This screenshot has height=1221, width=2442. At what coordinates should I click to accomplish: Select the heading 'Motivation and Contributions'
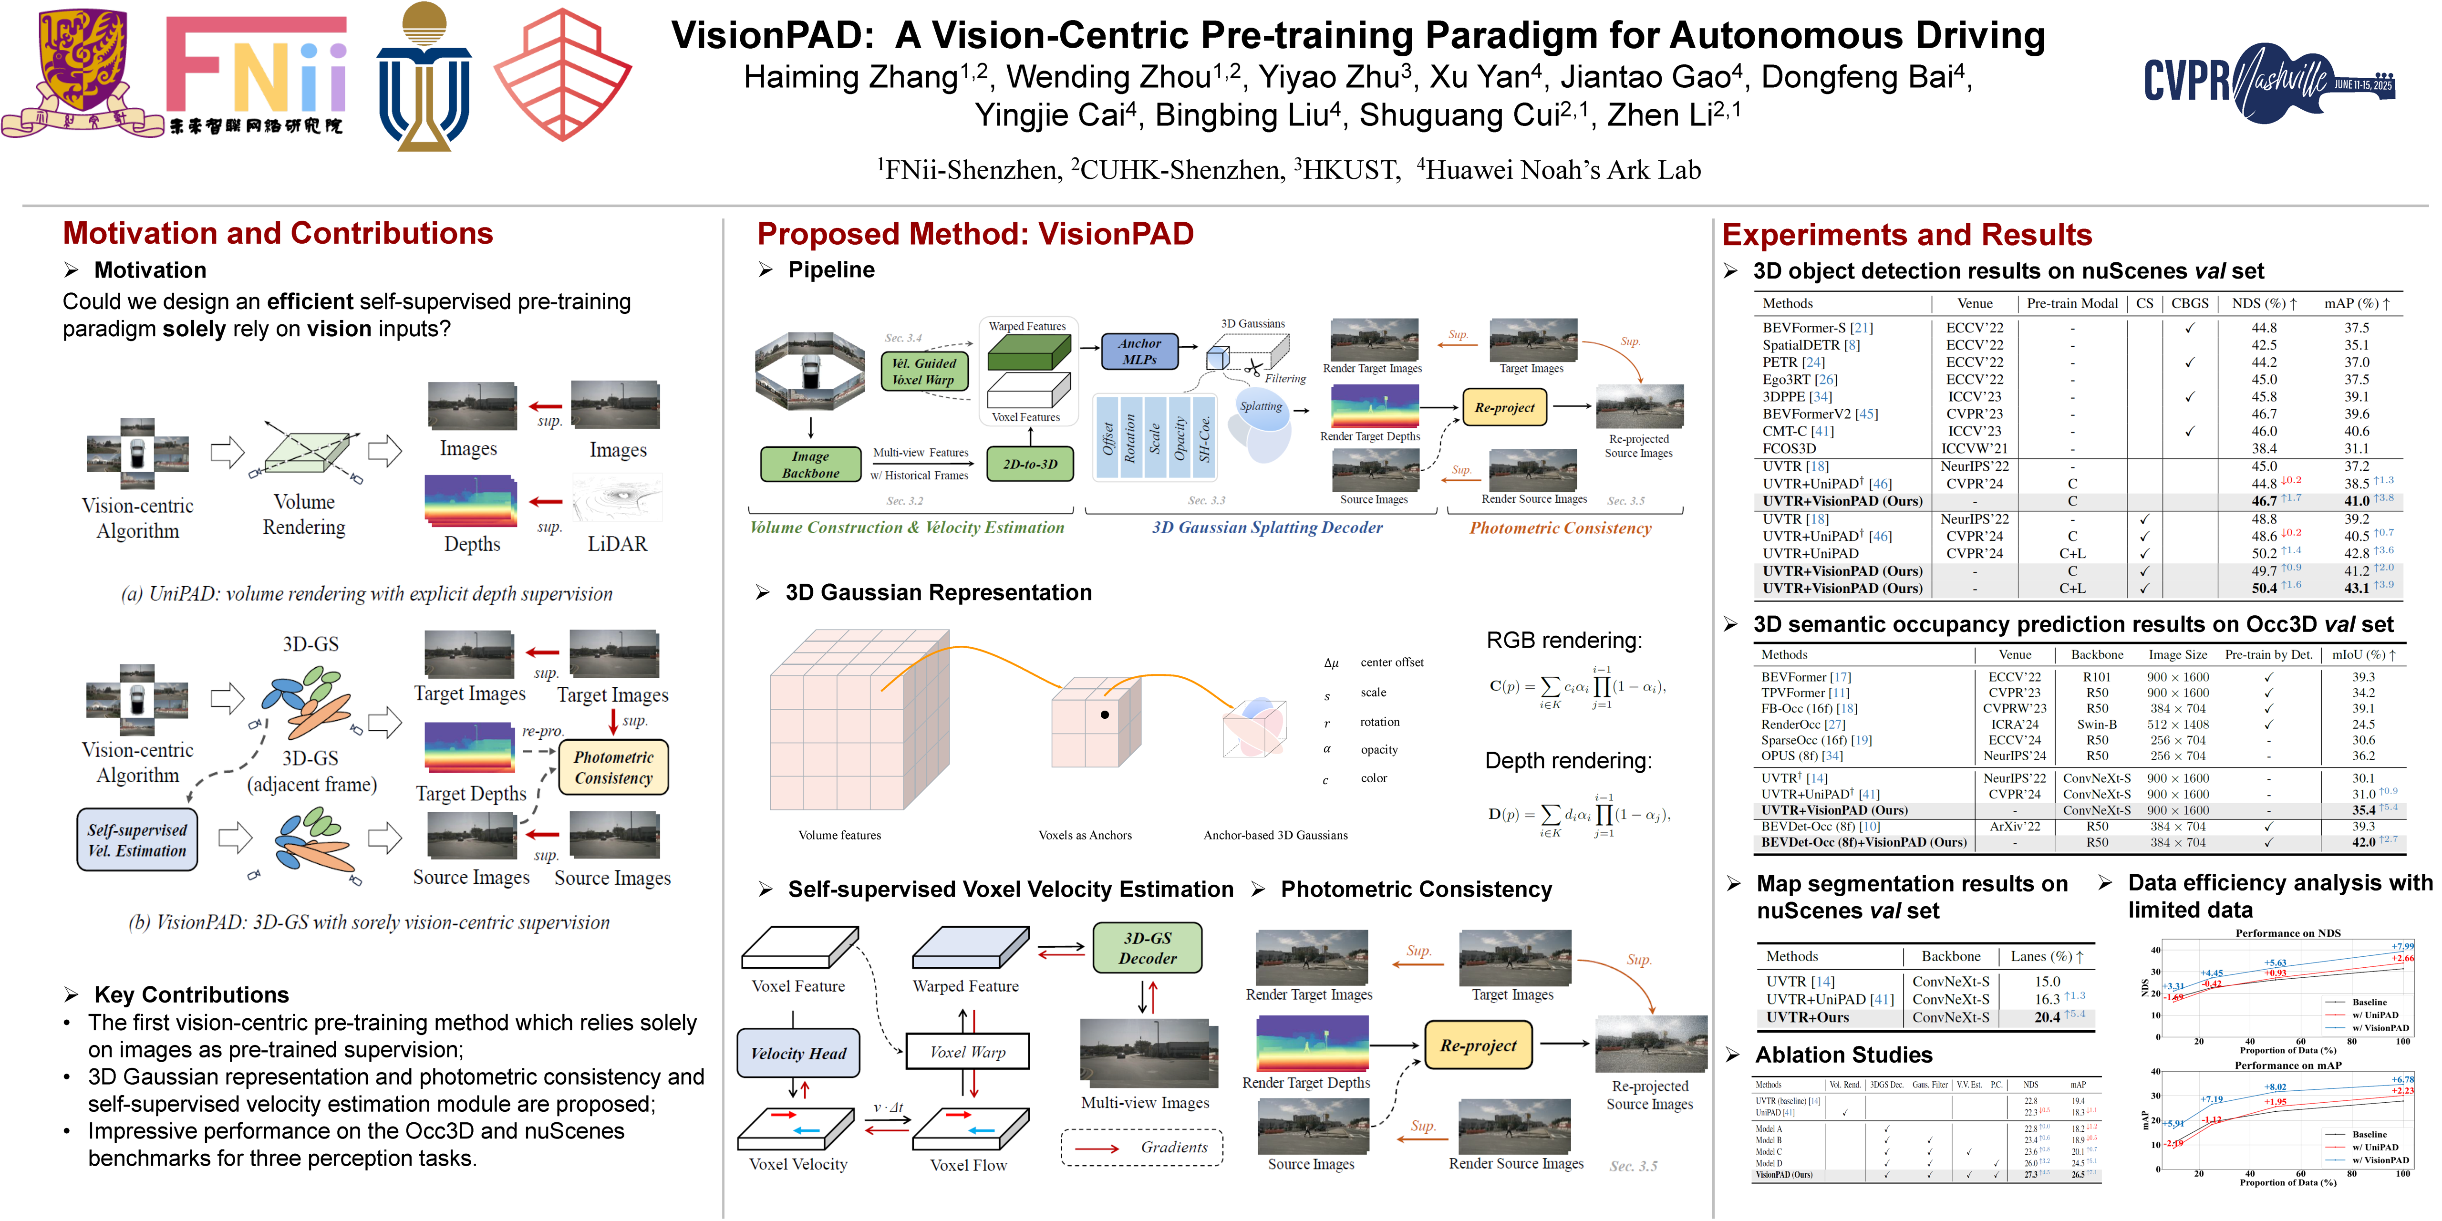point(278,233)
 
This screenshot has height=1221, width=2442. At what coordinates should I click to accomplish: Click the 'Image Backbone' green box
point(810,465)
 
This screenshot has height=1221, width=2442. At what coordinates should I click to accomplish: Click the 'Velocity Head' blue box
point(798,1053)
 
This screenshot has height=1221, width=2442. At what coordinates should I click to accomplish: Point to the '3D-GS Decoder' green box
point(1147,948)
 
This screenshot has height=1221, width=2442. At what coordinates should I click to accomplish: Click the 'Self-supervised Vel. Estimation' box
point(137,840)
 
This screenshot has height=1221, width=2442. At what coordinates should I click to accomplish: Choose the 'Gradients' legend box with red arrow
point(1142,1147)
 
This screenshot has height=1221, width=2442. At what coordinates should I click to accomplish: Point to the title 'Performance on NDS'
point(2287,933)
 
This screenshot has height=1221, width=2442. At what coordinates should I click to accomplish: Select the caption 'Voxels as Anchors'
point(1085,835)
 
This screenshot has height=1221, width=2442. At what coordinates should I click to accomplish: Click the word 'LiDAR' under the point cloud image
point(617,544)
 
